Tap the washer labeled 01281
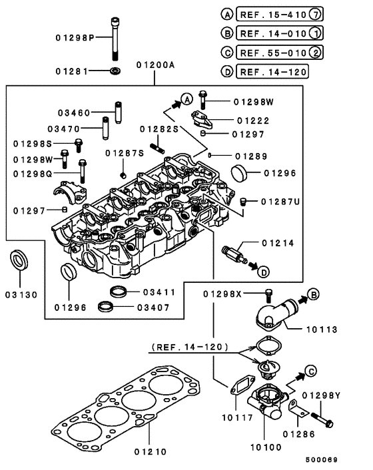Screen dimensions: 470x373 [x=116, y=70]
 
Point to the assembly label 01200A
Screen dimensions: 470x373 [x=155, y=65]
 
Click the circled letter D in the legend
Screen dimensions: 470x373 [x=226, y=72]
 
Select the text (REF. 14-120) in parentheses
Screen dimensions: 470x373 [x=190, y=347]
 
